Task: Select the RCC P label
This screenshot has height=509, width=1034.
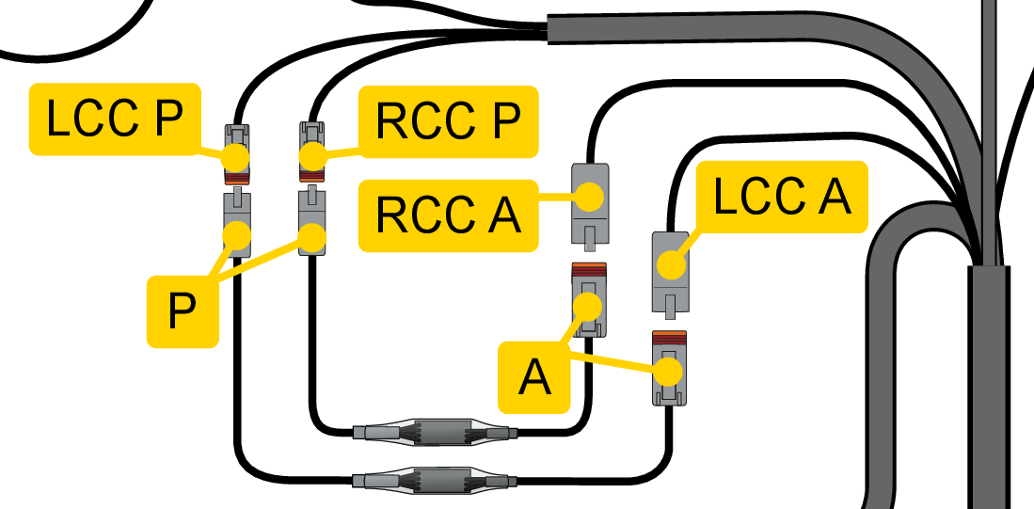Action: pos(448,121)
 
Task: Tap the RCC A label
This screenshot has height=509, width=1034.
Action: pos(448,215)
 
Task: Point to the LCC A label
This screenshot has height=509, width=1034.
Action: pos(781,198)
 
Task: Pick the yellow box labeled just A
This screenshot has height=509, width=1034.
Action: pos(534,377)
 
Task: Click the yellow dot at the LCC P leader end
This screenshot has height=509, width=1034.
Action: pos(236,156)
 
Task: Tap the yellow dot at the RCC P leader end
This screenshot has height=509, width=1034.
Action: pos(312,156)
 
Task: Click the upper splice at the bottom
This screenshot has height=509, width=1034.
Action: pos(435,433)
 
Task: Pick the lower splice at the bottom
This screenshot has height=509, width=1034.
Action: pos(435,480)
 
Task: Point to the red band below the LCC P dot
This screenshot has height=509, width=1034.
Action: pos(236,177)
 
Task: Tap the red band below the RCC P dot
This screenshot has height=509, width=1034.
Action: pos(312,176)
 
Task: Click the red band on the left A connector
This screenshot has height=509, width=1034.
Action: pos(589,273)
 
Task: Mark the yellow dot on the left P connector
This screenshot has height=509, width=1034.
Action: pos(237,233)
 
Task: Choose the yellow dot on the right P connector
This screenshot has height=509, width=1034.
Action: pos(312,237)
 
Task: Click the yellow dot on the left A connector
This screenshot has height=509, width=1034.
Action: pos(589,307)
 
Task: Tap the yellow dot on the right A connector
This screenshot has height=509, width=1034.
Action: pos(670,372)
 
